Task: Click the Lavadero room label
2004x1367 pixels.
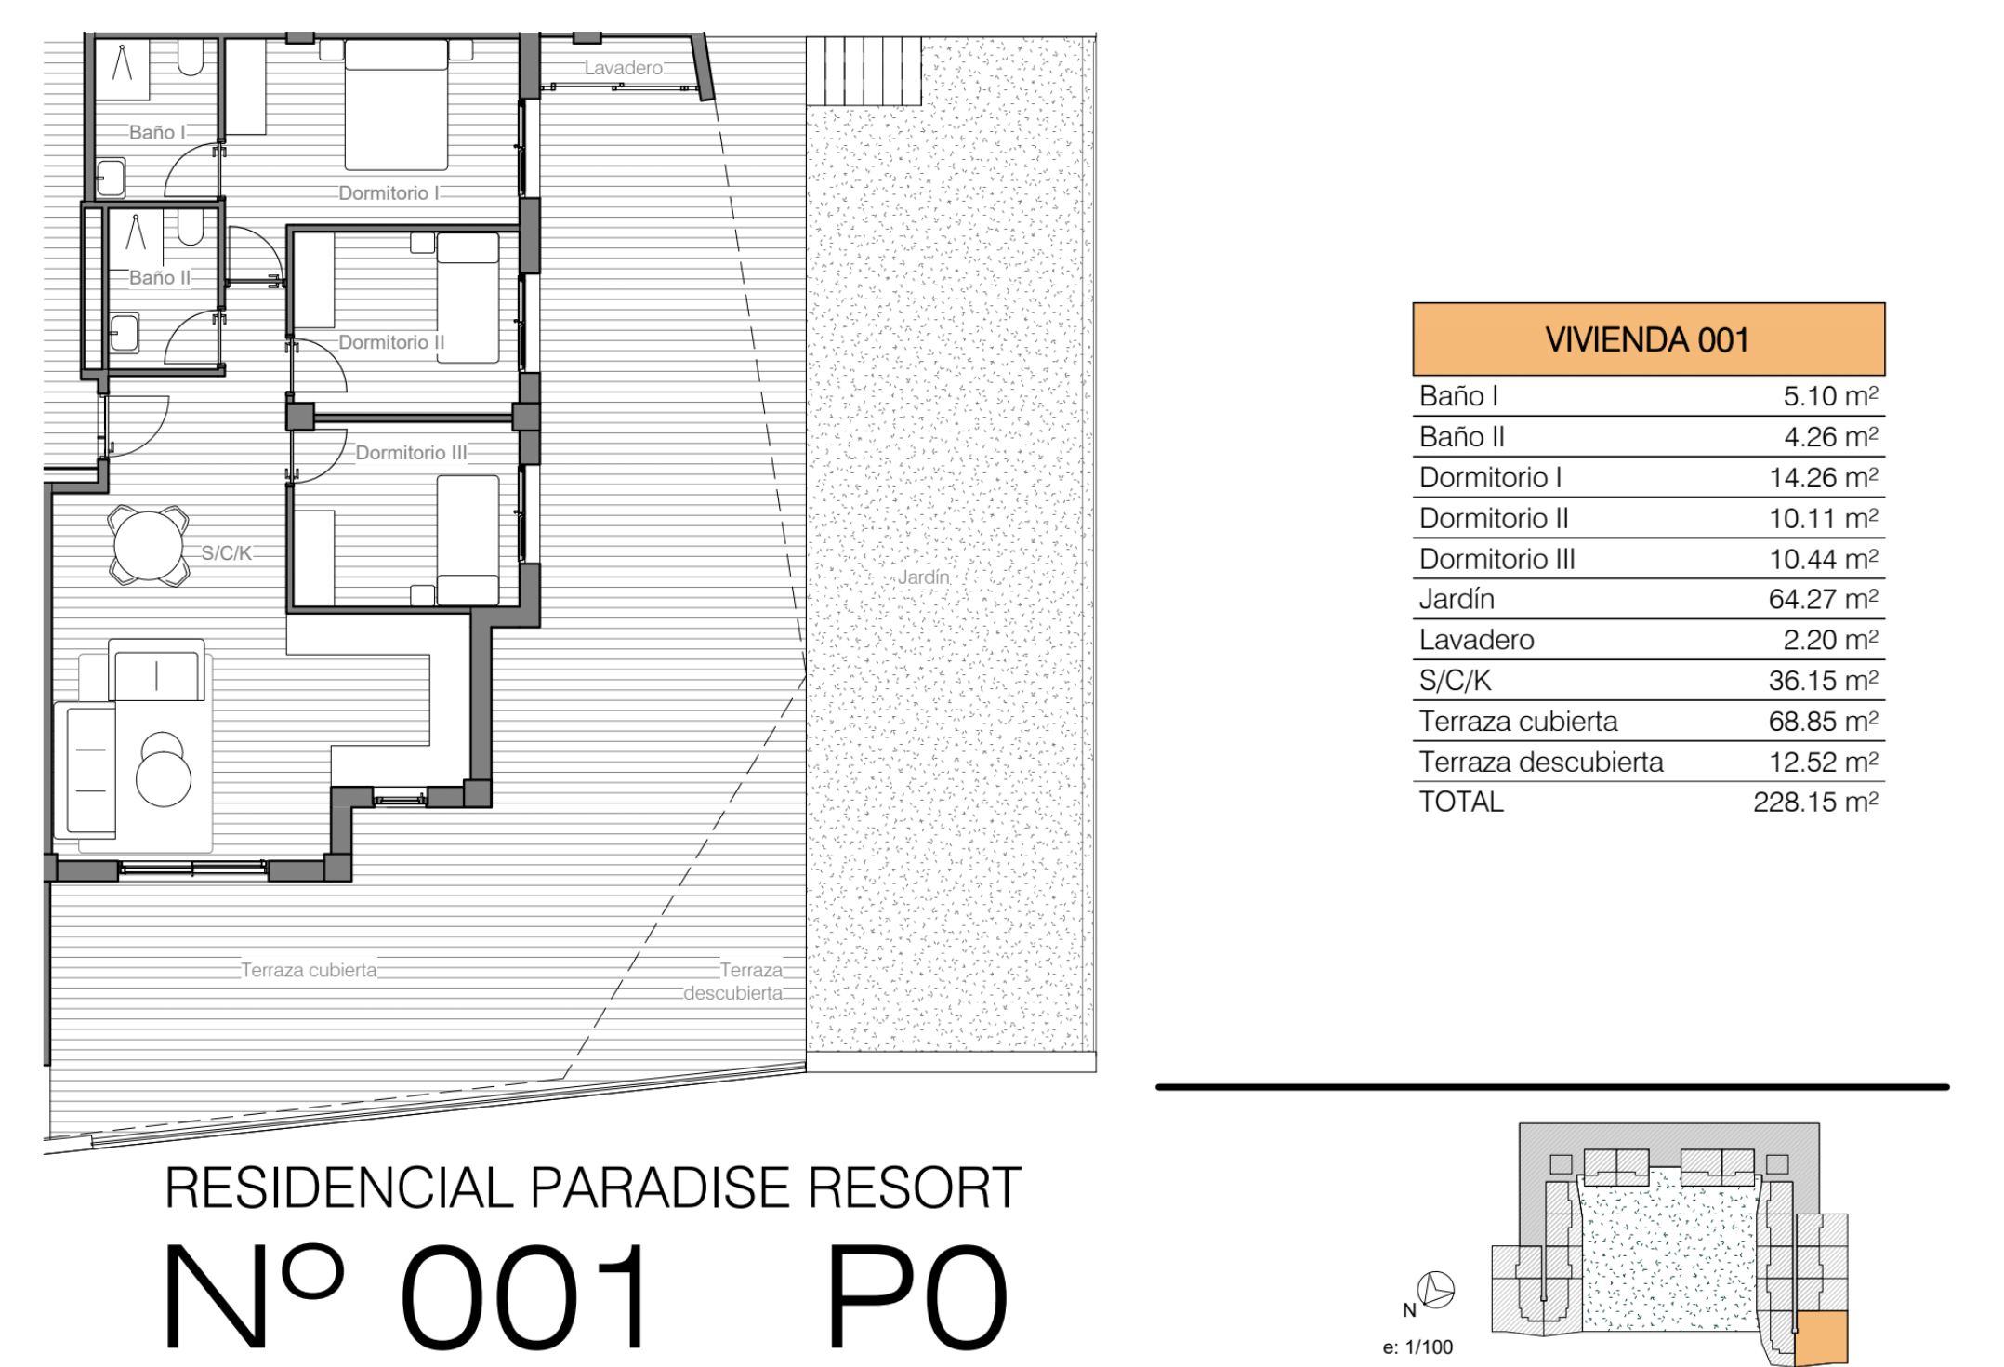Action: (x=624, y=68)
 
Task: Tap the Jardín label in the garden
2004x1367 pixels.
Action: (x=924, y=577)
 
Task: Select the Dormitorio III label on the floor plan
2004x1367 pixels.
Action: (x=412, y=453)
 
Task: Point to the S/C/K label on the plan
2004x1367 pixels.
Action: (x=227, y=553)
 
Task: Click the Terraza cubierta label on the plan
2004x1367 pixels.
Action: (x=310, y=970)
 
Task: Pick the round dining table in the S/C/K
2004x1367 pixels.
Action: (x=148, y=546)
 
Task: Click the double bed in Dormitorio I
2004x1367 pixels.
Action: (x=396, y=105)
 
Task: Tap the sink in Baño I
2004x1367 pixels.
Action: (x=111, y=178)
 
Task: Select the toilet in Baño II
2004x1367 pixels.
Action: (x=191, y=226)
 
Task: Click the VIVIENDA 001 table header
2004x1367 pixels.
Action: (x=1648, y=339)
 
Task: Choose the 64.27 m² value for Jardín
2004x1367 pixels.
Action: (x=1823, y=599)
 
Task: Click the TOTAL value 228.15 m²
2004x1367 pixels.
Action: (x=1815, y=802)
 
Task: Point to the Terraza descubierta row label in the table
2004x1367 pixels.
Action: (x=1541, y=762)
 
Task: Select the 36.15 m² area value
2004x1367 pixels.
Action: (x=1823, y=681)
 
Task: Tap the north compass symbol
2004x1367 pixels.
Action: (x=1436, y=1290)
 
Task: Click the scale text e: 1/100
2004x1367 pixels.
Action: (x=1417, y=1347)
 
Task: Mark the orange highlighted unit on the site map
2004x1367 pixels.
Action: (x=1820, y=1338)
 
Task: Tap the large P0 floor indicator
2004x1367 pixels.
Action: (x=916, y=1297)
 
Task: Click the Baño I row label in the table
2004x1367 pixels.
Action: (x=1458, y=396)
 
